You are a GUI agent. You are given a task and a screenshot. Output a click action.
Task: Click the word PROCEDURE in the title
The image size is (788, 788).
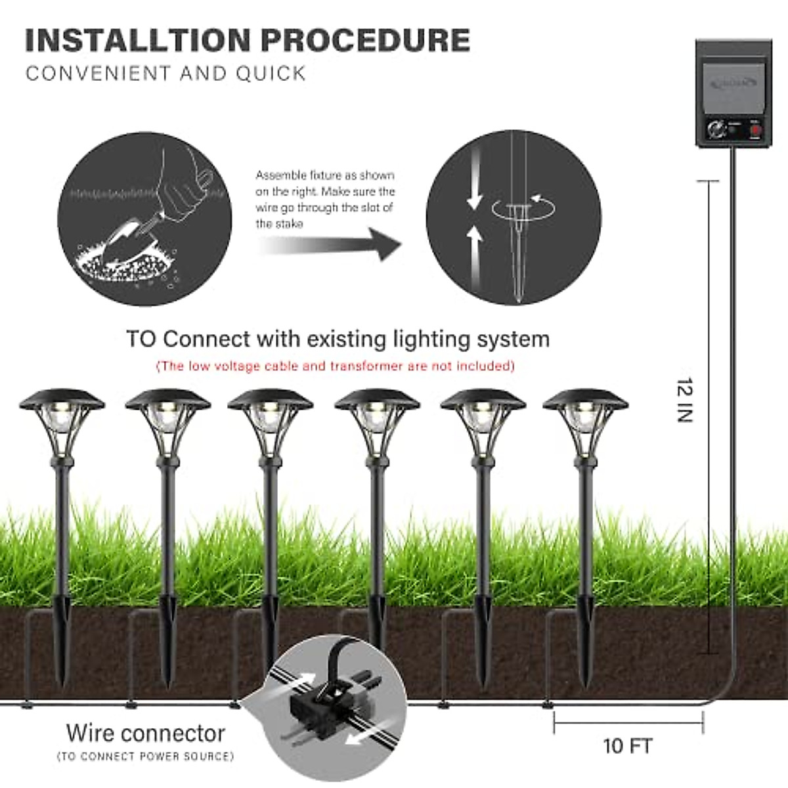pyautogui.click(x=365, y=40)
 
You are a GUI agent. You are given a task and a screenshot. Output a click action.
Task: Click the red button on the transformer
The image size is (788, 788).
pyautogui.click(x=755, y=129)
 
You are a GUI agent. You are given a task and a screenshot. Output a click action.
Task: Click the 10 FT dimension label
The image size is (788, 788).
pyautogui.click(x=627, y=746)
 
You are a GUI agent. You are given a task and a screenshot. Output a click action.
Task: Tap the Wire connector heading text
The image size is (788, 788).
pyautogui.click(x=145, y=733)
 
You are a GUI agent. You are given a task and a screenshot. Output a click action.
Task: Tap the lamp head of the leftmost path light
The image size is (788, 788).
pyautogui.click(x=62, y=420)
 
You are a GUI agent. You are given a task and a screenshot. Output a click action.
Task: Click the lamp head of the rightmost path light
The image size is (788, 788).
pyautogui.click(x=585, y=420)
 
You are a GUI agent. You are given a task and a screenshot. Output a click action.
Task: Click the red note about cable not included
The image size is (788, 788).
pyautogui.click(x=335, y=366)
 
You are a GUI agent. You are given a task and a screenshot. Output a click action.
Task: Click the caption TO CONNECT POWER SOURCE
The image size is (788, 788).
pyautogui.click(x=145, y=756)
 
